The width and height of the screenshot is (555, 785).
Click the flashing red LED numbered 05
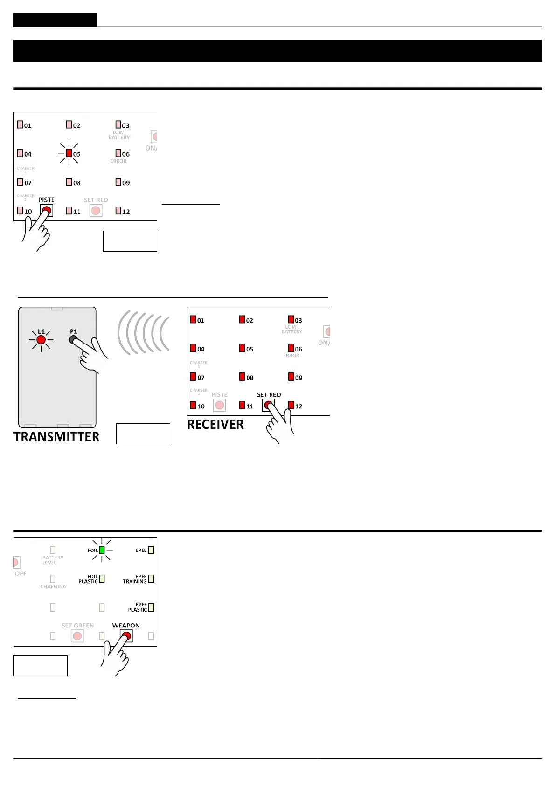[x=69, y=153]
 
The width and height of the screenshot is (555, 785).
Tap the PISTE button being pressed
[x=46, y=211]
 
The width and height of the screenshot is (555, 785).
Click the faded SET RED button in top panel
[x=96, y=211]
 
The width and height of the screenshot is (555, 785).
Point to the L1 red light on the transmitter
[x=41, y=340]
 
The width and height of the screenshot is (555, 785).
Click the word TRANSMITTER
[x=56, y=437]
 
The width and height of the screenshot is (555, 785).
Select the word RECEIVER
[x=215, y=425]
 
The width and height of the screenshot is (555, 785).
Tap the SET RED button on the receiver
[x=268, y=405]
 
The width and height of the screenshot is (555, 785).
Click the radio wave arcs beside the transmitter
[x=143, y=333]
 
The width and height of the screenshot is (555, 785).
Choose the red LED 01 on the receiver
[x=193, y=320]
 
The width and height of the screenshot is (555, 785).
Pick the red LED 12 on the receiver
[x=291, y=405]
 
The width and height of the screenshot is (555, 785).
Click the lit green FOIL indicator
[x=102, y=550]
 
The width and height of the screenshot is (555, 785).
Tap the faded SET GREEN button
[x=77, y=636]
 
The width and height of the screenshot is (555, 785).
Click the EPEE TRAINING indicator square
[x=151, y=579]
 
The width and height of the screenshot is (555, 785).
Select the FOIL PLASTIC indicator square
[x=102, y=579]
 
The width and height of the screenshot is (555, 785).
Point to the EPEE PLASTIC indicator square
[x=151, y=607]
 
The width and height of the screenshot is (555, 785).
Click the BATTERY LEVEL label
[x=53, y=560]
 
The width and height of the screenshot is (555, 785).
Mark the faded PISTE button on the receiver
[x=219, y=405]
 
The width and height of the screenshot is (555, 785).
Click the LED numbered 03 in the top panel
[x=118, y=124]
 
